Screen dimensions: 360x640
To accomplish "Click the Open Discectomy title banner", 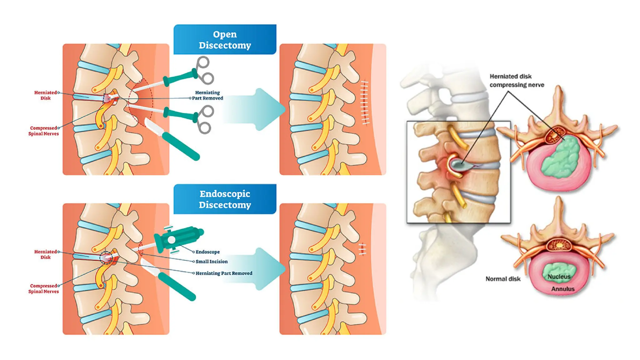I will click(225, 39).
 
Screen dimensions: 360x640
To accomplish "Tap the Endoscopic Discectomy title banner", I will click(225, 199).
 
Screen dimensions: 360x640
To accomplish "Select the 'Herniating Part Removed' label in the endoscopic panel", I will click(224, 273).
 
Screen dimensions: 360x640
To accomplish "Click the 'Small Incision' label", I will click(212, 262).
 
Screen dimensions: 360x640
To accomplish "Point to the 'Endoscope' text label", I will click(207, 252).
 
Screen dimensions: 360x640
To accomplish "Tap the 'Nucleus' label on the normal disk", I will click(559, 277).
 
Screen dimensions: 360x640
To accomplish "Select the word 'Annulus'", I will click(562, 289).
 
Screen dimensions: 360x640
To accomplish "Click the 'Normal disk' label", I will click(503, 279).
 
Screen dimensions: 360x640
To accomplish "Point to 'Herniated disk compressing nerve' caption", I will click(517, 81).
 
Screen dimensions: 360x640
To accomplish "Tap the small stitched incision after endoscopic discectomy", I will click(362, 249).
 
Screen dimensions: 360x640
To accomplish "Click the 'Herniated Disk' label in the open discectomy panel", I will click(46, 95).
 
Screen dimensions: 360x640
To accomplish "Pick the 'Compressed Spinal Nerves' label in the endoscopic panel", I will click(44, 288).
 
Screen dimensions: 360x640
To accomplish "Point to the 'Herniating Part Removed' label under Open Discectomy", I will click(207, 95).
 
